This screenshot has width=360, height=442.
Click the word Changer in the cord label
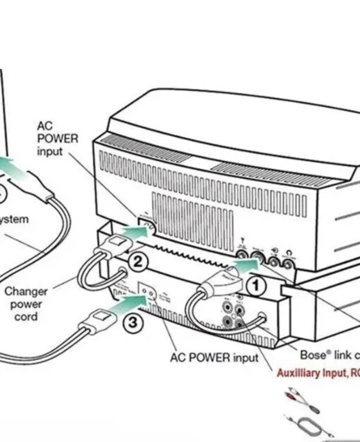click(x=25, y=291)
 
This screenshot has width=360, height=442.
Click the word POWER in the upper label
click(x=57, y=138)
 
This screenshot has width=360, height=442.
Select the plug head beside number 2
click(x=114, y=246)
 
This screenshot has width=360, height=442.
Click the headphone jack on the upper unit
click(x=287, y=261)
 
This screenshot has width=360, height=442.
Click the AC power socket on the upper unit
click(x=147, y=226)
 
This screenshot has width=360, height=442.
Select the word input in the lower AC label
click(x=245, y=358)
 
